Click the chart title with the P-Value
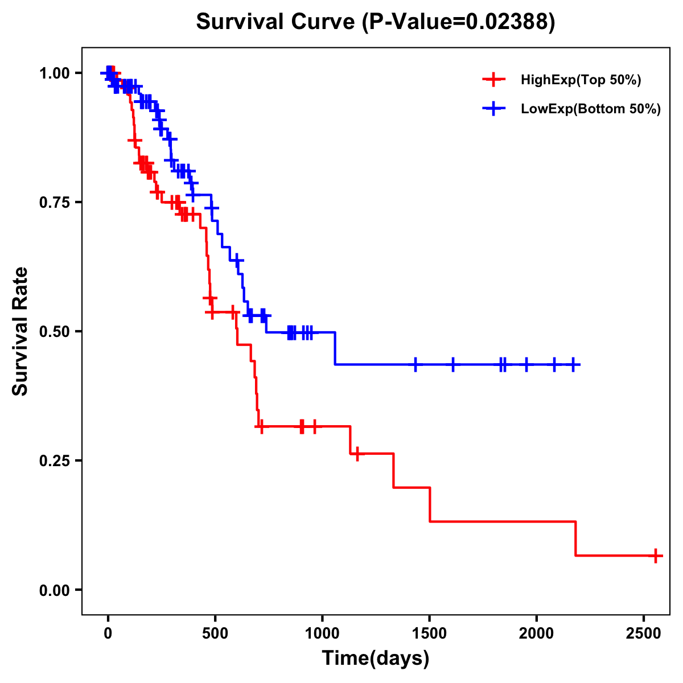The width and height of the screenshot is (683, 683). pos(375,22)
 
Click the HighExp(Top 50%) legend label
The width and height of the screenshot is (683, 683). pos(581,80)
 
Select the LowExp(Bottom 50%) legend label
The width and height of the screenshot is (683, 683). pos(591,109)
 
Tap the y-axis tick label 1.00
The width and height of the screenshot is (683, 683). pos(54,73)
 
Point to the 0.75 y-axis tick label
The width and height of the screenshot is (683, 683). pos(54,203)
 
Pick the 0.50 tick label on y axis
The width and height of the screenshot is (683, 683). pos(54,331)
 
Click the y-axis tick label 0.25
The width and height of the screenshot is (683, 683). pos(54,460)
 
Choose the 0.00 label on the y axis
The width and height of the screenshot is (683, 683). pos(54,590)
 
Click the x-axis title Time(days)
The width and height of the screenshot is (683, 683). pos(376,659)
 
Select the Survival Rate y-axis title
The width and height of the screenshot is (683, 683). pos(20,331)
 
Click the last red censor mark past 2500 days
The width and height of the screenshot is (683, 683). pos(656,556)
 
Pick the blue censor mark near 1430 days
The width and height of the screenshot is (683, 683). pos(415,364)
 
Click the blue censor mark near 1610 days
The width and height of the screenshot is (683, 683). pos(453,364)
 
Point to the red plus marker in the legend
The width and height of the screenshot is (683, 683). pos(494,80)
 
